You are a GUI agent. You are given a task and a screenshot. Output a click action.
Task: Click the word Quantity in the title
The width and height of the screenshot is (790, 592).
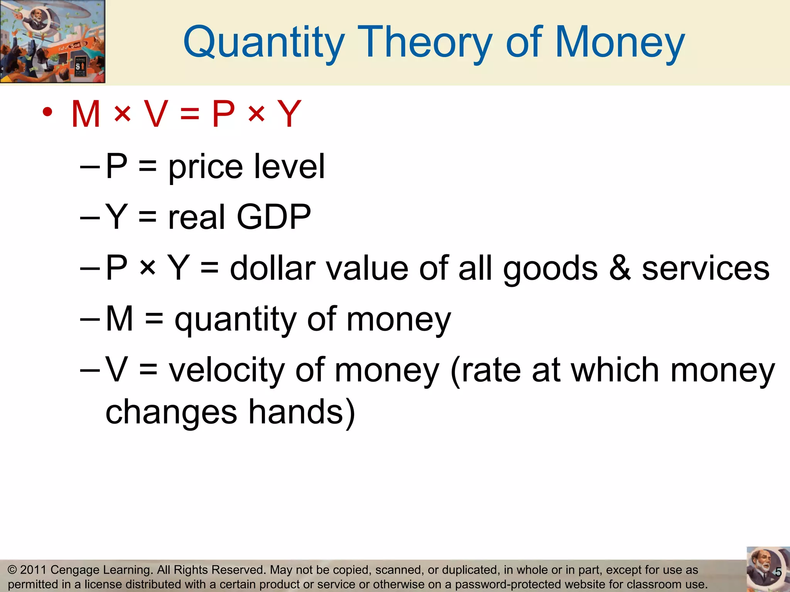click(264, 42)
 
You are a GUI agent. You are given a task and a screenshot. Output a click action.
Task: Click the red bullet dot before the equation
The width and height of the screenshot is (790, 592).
click(47, 112)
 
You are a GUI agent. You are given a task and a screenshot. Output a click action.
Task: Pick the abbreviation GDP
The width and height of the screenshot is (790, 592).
click(273, 217)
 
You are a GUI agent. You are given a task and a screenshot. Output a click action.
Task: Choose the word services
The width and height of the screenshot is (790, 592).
click(706, 269)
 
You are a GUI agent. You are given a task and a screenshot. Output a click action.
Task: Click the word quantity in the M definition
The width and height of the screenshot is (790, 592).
click(235, 320)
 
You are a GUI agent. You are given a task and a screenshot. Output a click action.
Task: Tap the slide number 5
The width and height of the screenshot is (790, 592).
click(778, 572)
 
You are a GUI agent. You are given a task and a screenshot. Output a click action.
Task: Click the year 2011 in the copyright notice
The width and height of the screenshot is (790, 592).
click(33, 570)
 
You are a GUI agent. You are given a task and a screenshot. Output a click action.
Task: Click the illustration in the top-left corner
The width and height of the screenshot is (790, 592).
click(52, 41)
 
